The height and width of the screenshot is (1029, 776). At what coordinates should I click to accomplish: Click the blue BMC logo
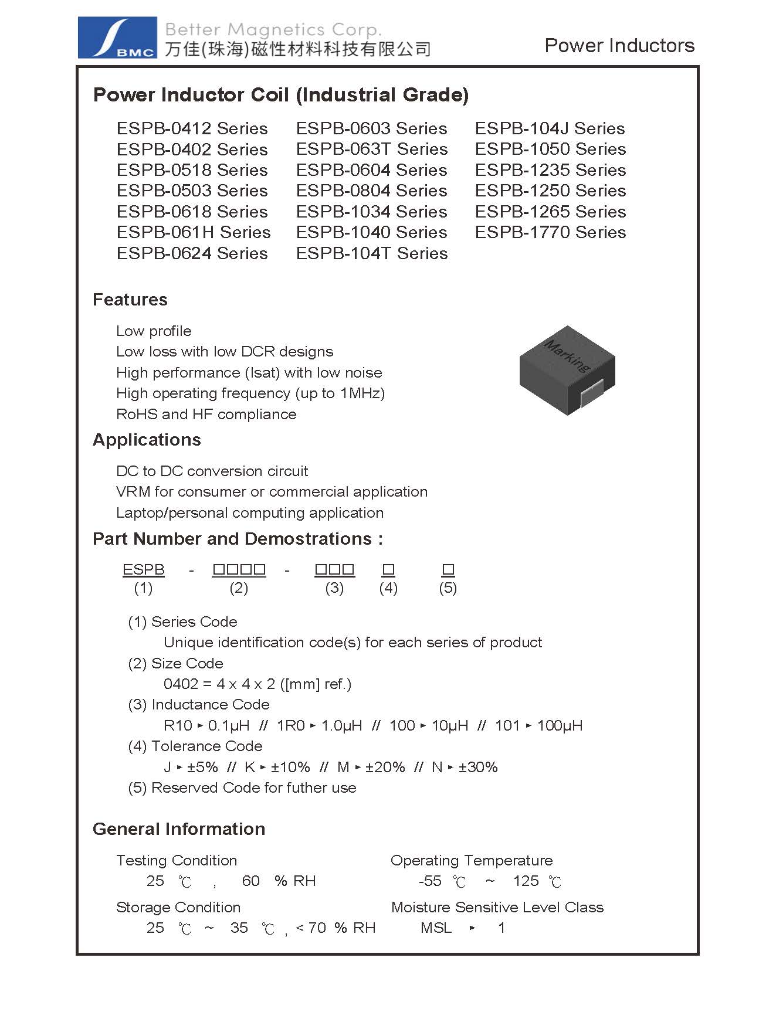click(117, 38)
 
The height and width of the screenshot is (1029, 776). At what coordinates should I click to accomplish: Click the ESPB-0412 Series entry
click(192, 128)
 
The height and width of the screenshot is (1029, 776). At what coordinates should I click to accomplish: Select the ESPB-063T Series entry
click(371, 149)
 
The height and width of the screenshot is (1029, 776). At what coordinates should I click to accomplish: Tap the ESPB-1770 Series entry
click(550, 232)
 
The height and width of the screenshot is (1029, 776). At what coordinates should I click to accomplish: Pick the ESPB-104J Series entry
click(550, 128)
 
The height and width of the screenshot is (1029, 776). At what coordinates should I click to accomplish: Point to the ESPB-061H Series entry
click(194, 232)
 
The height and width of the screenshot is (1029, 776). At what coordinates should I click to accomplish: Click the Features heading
click(130, 300)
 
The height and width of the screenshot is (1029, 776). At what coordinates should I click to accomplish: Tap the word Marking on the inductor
click(567, 355)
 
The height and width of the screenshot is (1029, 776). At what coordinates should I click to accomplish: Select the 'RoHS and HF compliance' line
click(206, 414)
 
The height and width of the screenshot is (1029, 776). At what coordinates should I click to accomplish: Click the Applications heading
click(147, 440)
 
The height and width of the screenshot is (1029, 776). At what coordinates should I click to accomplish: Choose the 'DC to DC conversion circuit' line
click(212, 471)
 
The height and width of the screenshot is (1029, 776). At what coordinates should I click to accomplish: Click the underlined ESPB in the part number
click(143, 569)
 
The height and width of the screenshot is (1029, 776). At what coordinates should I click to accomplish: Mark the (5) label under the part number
click(448, 588)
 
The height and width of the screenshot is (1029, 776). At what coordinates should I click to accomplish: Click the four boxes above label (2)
click(239, 569)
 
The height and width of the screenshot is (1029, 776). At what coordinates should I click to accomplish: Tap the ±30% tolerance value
click(478, 767)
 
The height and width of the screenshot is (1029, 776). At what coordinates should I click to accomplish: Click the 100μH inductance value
click(560, 725)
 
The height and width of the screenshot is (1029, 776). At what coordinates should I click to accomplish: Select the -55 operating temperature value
click(430, 881)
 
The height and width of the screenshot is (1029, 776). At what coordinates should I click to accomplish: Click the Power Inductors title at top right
click(619, 46)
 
